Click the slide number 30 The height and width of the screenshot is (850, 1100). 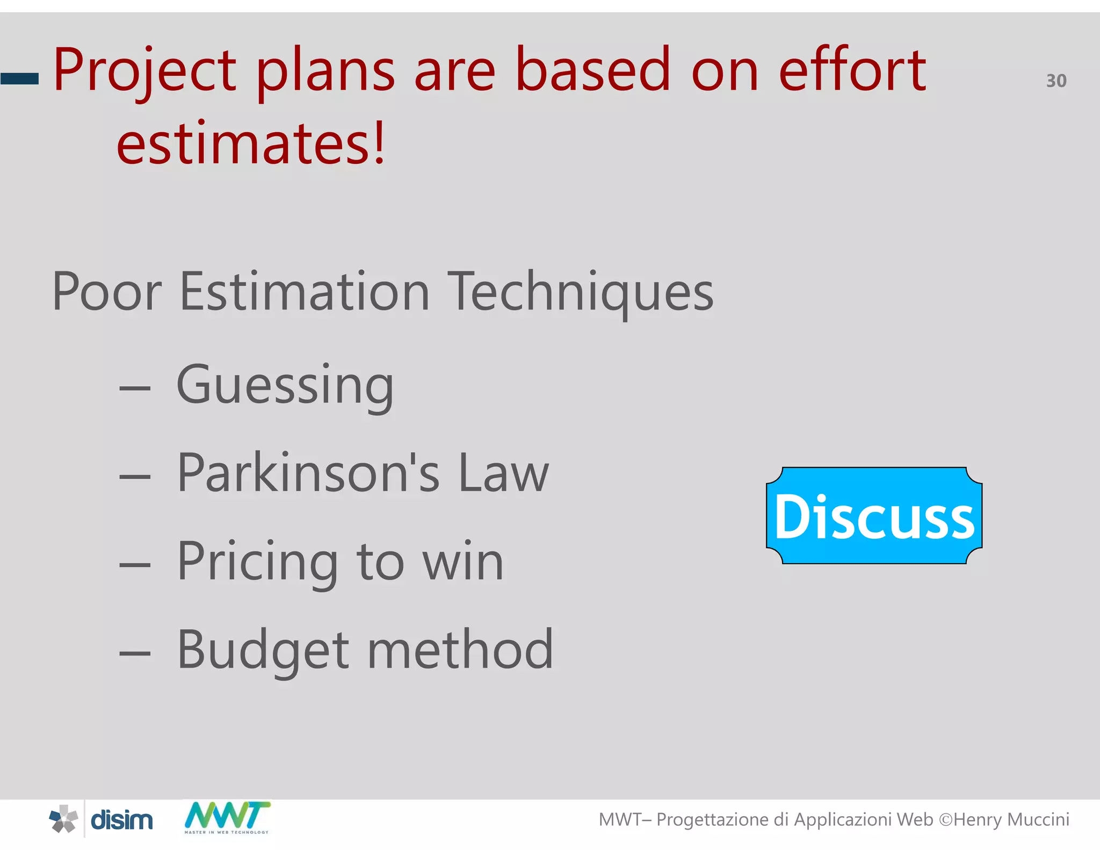tap(1056, 81)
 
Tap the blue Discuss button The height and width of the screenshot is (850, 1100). tap(874, 516)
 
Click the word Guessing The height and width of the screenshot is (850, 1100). tap(285, 385)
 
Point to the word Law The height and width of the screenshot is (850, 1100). tap(503, 473)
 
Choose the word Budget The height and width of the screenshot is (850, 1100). tap(263, 651)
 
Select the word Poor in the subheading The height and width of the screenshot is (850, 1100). tap(107, 292)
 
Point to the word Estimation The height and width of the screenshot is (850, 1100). tap(305, 292)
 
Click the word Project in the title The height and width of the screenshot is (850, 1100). tap(144, 71)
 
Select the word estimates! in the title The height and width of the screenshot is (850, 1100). tap(251, 143)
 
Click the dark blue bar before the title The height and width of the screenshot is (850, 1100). tap(20, 79)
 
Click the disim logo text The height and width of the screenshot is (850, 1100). tap(121, 820)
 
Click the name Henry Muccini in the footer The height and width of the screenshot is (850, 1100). tap(1011, 820)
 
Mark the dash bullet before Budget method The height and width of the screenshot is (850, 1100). tap(135, 653)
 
